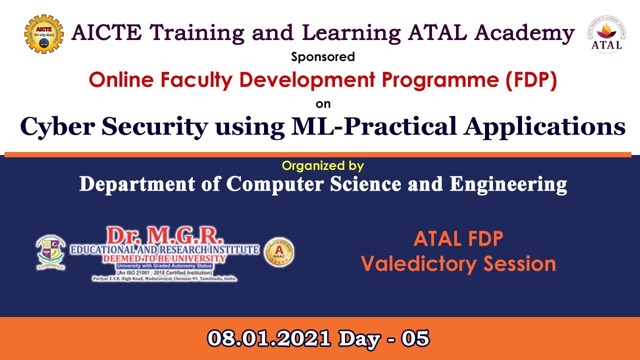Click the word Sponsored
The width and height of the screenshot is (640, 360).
[323, 57]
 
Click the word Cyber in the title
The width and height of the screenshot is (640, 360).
[56, 126]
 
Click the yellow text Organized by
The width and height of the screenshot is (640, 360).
[322, 165]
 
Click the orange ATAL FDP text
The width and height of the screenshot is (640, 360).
[458, 239]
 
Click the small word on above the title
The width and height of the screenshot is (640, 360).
[323, 104]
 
